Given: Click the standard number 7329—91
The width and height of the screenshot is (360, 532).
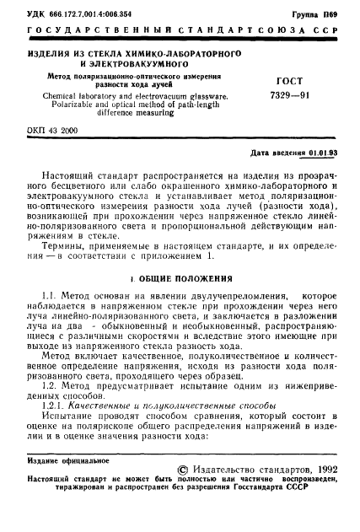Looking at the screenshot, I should click(x=291, y=96).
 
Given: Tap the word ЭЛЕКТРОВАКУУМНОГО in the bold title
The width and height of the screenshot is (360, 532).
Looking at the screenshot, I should click(x=95, y=62).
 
